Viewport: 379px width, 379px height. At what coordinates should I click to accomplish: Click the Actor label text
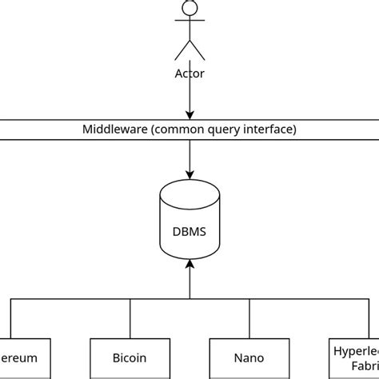coord(189,74)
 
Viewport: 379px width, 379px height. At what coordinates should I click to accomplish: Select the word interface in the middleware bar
coord(268,129)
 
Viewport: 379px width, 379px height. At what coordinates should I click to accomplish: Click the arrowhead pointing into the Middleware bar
coord(189,115)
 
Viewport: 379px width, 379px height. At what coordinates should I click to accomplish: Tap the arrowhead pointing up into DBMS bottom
coord(189,263)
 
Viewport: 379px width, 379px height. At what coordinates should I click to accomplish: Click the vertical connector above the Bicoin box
coord(130,318)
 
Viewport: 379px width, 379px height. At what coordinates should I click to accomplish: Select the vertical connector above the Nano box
coord(249,318)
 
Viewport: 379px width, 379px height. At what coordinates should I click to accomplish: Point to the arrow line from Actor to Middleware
coord(189,96)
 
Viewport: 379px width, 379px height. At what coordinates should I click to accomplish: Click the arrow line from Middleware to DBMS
coord(189,156)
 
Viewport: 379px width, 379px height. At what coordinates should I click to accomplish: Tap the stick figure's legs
coord(189,50)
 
